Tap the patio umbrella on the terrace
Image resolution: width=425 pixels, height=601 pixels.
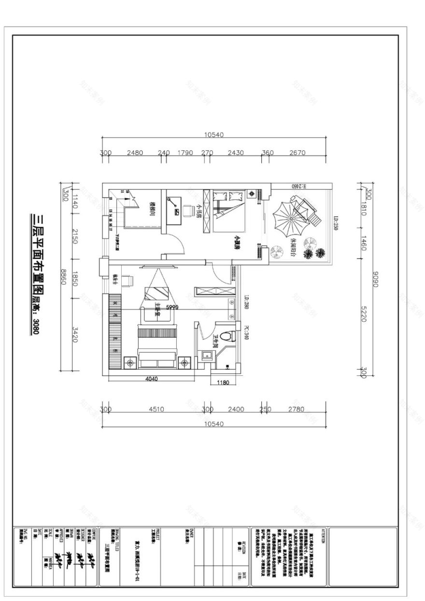(x=288, y=218)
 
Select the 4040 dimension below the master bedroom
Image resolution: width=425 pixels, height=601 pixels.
(x=151, y=379)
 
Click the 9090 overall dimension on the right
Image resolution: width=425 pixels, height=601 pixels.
(x=376, y=279)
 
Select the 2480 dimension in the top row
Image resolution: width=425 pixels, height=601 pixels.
(x=135, y=153)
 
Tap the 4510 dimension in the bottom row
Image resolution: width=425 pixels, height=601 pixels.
(x=156, y=409)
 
